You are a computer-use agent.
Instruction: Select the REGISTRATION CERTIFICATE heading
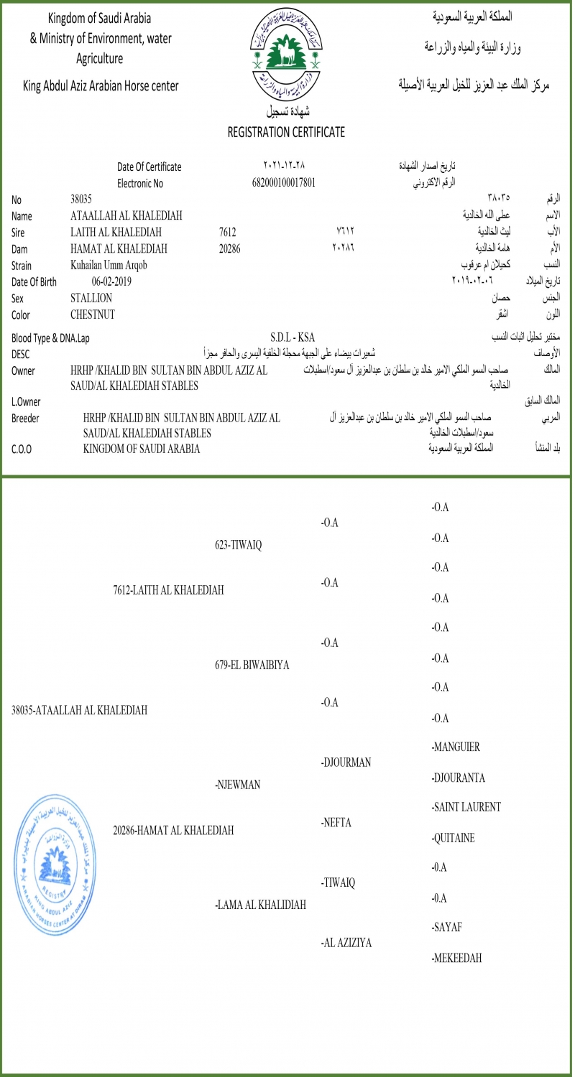pyautogui.click(x=286, y=132)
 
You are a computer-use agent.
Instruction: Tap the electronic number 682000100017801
pyautogui.click(x=284, y=182)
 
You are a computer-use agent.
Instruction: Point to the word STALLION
pyautogui.click(x=91, y=298)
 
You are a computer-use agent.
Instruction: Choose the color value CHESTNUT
pyautogui.click(x=93, y=314)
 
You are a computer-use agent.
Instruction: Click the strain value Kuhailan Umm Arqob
pyautogui.click(x=109, y=265)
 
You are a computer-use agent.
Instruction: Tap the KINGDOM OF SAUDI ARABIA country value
pyautogui.click(x=142, y=449)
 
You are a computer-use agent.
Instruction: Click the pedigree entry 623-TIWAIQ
pyautogui.click(x=238, y=544)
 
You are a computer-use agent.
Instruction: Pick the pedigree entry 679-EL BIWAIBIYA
pyautogui.click(x=252, y=665)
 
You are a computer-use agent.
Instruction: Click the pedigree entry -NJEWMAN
pyautogui.click(x=237, y=785)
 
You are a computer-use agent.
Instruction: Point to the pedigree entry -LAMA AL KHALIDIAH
pyautogui.click(x=261, y=905)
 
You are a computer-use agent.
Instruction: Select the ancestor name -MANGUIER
pyautogui.click(x=456, y=747)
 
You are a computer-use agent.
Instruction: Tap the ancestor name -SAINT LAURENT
pyautogui.click(x=466, y=807)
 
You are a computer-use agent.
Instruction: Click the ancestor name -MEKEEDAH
pyautogui.click(x=456, y=958)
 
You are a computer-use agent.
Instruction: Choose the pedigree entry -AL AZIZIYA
pyautogui.click(x=346, y=943)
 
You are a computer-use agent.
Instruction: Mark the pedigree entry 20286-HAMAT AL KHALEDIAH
pyautogui.click(x=173, y=831)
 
